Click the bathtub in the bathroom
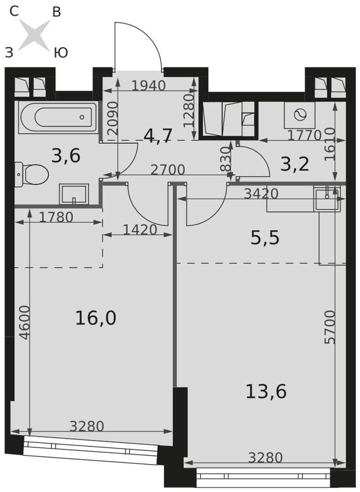[58, 118]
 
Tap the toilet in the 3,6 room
[32, 175]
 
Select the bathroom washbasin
[74, 194]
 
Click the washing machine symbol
[300, 115]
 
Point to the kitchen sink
[327, 199]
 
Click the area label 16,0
[96, 318]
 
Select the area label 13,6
[266, 391]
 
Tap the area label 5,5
[265, 238]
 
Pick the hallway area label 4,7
[158, 136]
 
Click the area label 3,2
[295, 164]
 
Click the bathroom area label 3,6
[66, 155]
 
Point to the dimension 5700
[330, 327]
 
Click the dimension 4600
[25, 322]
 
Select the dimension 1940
[148, 86]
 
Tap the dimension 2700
[168, 170]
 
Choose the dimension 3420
[262, 194]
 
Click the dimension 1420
[140, 230]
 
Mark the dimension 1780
[57, 217]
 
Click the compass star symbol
[34, 35]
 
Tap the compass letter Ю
[61, 53]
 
